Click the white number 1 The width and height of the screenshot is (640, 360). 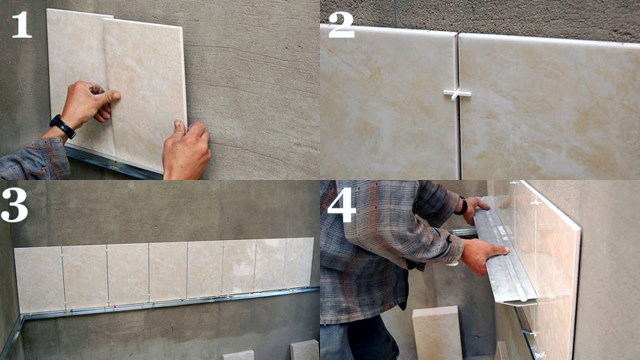click(22, 25)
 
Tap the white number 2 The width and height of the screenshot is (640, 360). click(342, 25)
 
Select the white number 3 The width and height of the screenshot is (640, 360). click(14, 205)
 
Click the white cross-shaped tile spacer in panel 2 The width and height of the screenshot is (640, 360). click(457, 94)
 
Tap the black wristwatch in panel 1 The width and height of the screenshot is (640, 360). click(62, 126)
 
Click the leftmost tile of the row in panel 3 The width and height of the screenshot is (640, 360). click(39, 279)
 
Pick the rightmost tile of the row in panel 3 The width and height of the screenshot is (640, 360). click(298, 262)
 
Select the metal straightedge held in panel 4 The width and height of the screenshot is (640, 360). click(507, 250)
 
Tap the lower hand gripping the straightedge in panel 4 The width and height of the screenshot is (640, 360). click(485, 255)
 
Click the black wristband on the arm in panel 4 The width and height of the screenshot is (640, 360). click(462, 206)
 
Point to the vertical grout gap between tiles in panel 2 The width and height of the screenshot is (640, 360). click(458, 106)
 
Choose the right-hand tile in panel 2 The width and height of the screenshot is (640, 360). click(550, 107)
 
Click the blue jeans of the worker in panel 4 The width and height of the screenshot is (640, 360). click(359, 339)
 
